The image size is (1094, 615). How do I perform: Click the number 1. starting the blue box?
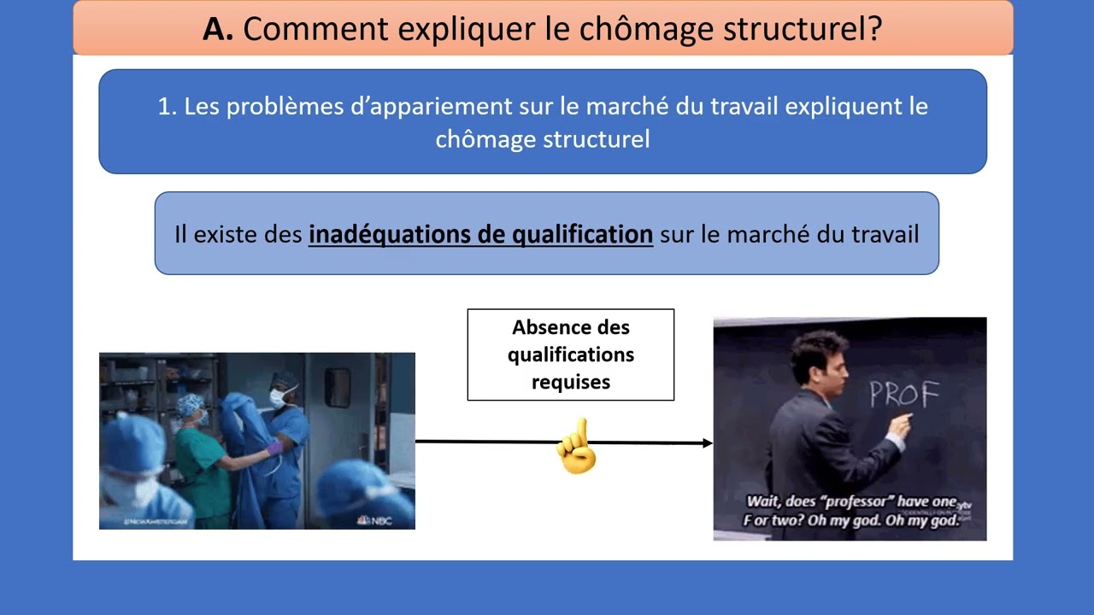[167, 107]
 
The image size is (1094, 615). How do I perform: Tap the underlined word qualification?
[581, 234]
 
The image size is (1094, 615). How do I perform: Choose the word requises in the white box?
[570, 382]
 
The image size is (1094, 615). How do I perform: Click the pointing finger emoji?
[577, 447]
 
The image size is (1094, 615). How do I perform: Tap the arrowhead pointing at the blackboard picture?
[706, 442]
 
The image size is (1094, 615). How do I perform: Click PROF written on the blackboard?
[904, 394]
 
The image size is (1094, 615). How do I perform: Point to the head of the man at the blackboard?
[819, 359]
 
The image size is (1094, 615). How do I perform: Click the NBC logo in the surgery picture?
[375, 520]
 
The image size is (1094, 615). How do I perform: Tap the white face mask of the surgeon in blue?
[279, 397]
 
